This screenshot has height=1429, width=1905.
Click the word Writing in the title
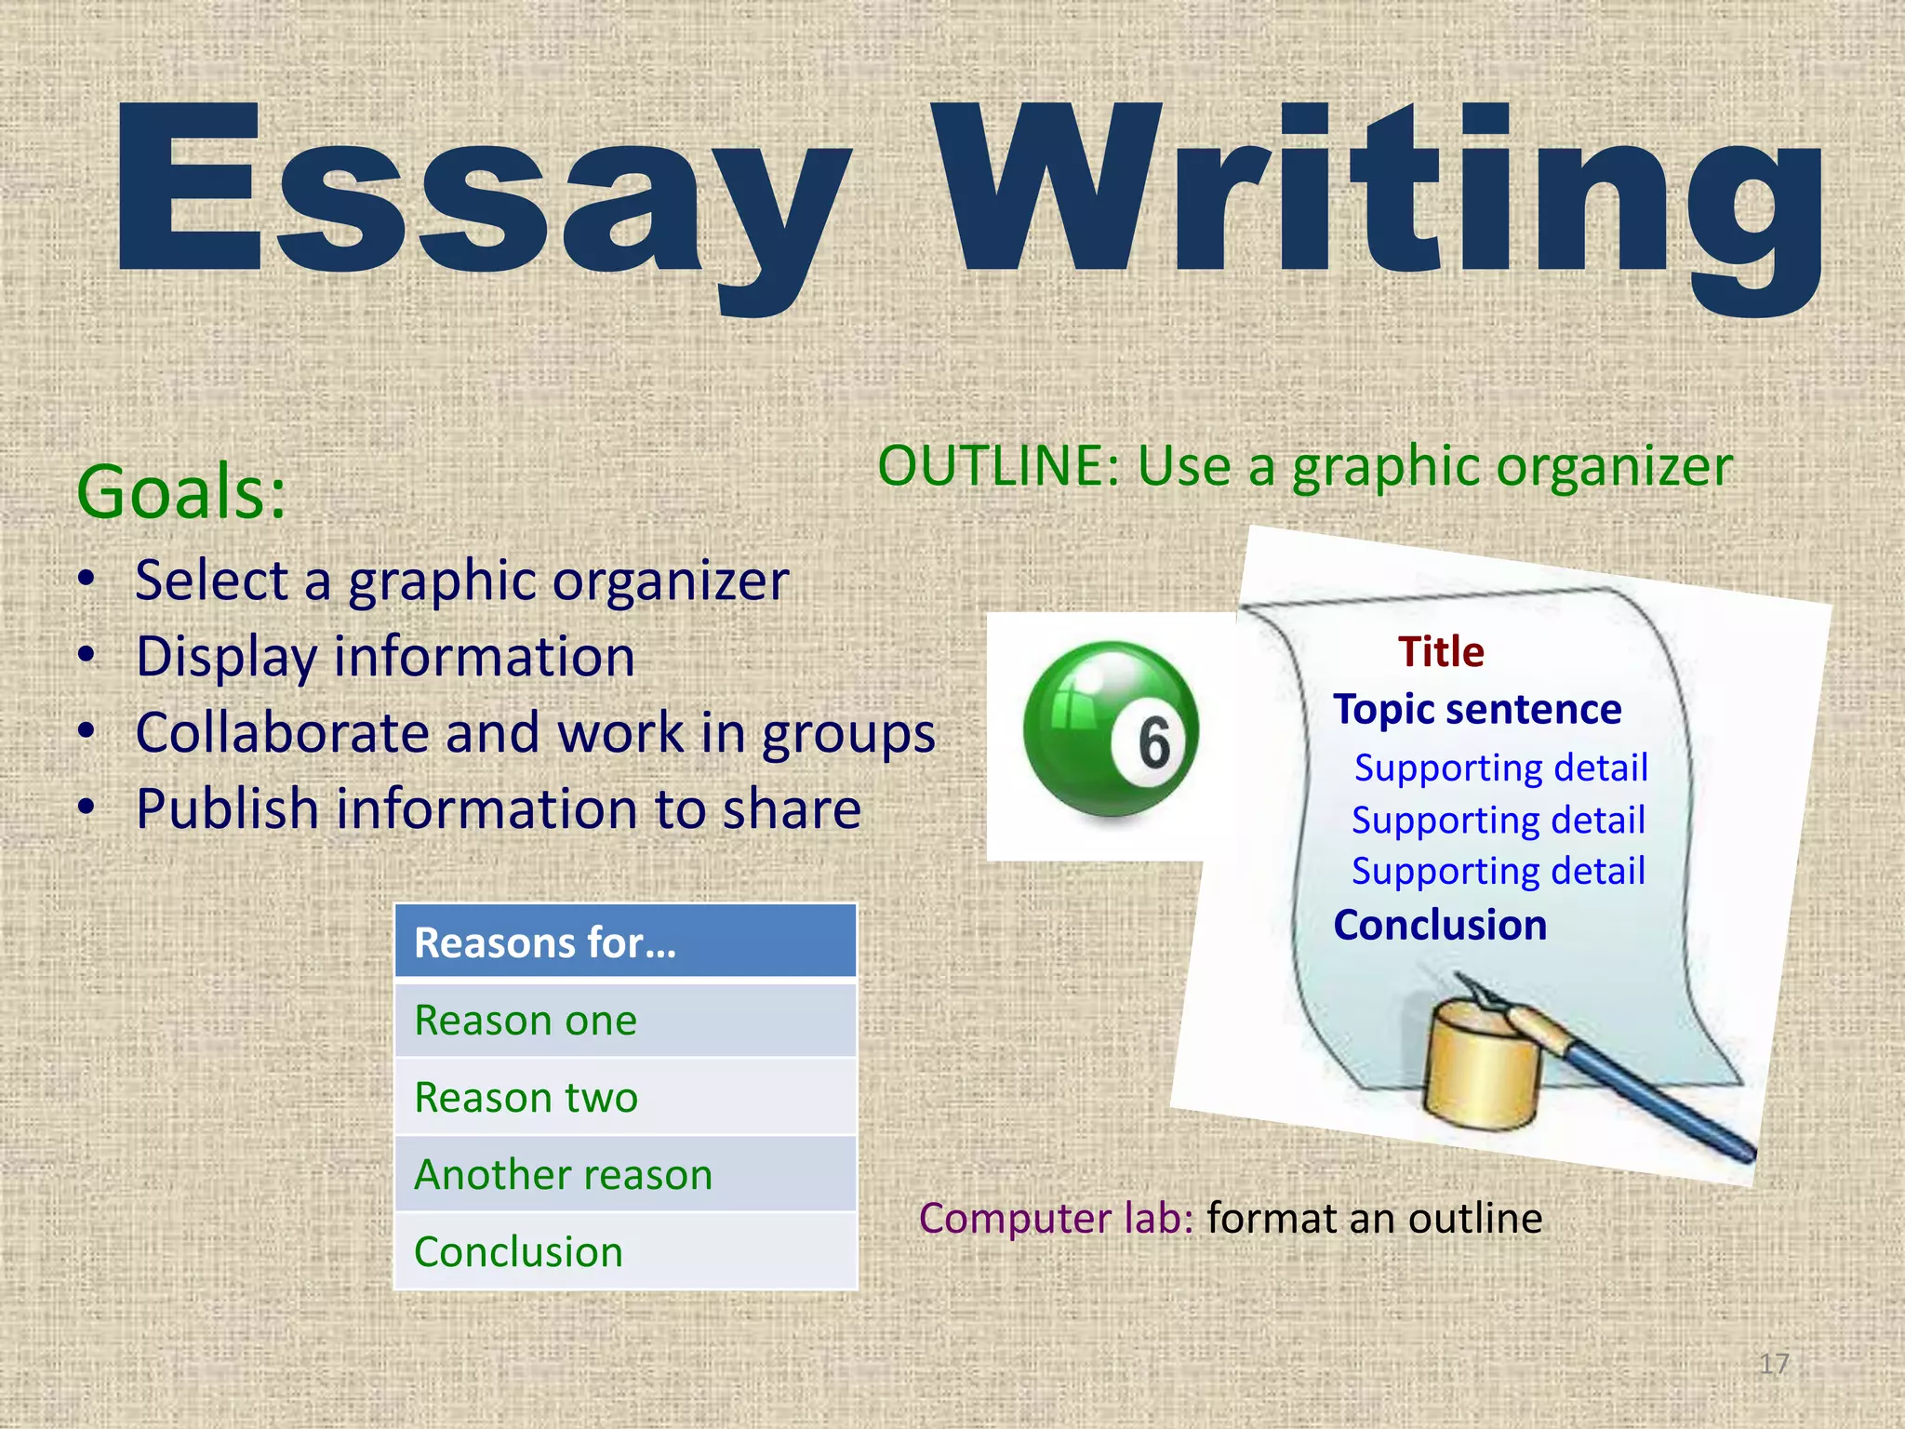coord(1377,195)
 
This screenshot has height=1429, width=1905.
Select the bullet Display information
coord(385,657)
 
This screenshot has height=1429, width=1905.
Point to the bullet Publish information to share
coord(498,808)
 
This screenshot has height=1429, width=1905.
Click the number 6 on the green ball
coord(1154,743)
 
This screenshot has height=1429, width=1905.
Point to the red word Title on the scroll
coord(1441,652)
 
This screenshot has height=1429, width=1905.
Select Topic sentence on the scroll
coord(1477,710)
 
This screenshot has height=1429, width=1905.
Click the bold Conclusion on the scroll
coord(1440,926)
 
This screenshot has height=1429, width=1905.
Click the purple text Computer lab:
coord(1056,1219)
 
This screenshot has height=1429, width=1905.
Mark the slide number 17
coord(1774,1364)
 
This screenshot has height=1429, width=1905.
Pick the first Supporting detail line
coord(1500,768)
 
